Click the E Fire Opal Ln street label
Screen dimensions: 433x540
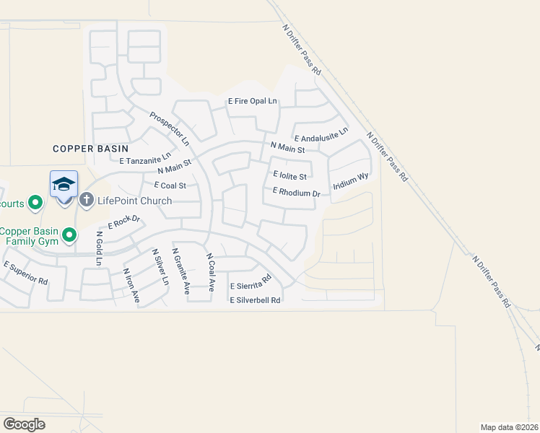coord(253,102)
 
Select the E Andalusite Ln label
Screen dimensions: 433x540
coord(321,134)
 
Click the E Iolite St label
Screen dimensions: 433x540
coord(291,175)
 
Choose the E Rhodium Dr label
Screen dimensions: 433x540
coord(296,193)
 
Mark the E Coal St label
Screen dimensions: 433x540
coord(165,185)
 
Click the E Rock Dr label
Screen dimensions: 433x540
coord(123,223)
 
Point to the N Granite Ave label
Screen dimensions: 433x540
coord(180,271)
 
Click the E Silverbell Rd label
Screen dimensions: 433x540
coord(255,300)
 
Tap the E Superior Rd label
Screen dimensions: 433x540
coord(25,271)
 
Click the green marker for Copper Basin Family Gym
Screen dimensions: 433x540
coord(69,235)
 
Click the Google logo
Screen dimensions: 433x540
coord(24,424)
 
